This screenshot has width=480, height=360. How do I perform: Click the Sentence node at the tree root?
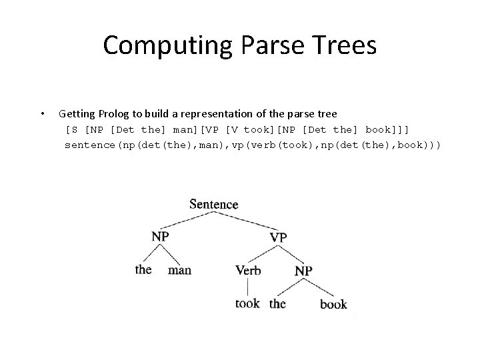coord(213,204)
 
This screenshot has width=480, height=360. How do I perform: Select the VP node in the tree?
coord(279,237)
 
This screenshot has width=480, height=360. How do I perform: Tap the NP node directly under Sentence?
coord(160,236)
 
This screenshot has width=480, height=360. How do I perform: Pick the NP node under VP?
coord(303,270)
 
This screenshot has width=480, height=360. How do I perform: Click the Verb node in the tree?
coord(248,270)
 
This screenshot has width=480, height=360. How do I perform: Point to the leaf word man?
coord(179,270)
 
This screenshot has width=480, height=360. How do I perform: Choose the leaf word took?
coord(247,303)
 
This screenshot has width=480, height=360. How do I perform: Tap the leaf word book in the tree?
coord(333,304)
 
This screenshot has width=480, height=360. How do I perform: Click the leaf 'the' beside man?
coord(143,269)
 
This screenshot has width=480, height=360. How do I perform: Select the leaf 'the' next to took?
coord(277,303)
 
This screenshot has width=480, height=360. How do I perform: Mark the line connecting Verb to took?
coord(248,287)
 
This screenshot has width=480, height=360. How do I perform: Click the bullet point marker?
coord(42,113)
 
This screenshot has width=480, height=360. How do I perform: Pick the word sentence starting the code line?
coord(90,145)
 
